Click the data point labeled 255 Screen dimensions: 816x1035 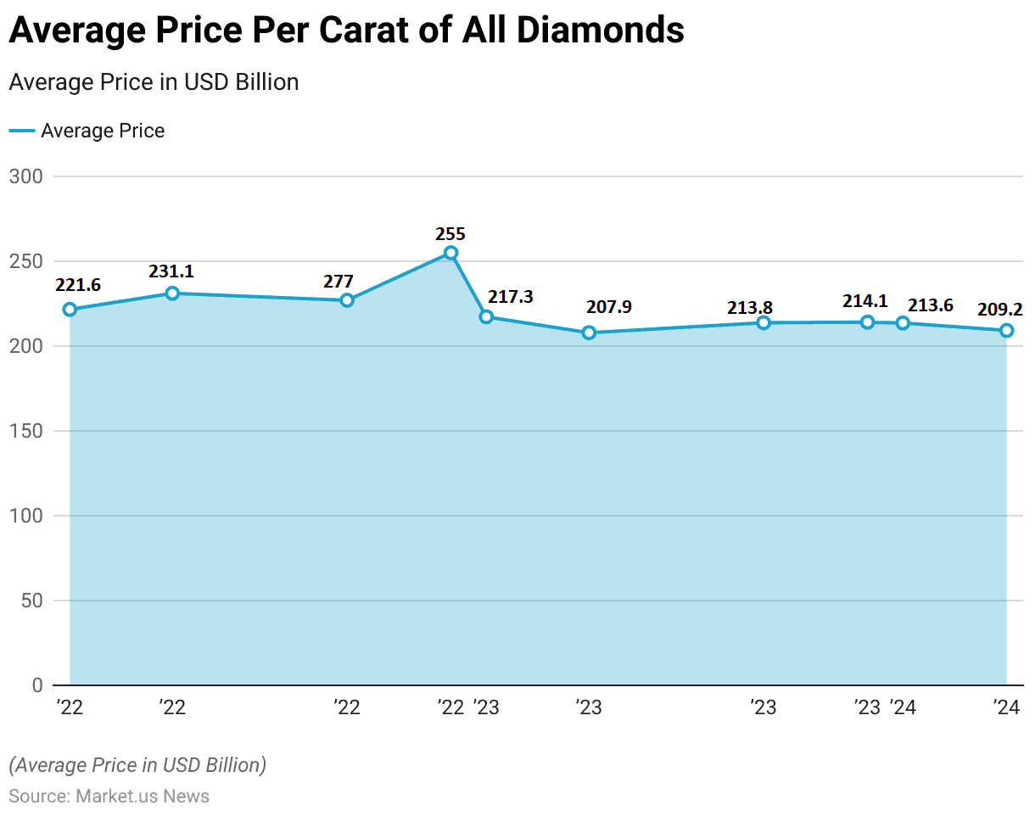(x=450, y=253)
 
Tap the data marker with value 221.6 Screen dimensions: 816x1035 (x=70, y=310)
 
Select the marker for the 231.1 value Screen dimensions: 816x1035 (x=172, y=293)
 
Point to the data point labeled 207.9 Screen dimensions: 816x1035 (x=590, y=333)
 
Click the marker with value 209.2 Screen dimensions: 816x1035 (x=1006, y=331)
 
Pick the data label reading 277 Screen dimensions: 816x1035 (x=338, y=282)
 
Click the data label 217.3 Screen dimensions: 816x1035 (x=511, y=297)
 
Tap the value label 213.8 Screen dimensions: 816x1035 (x=750, y=308)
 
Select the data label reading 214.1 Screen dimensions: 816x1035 (x=865, y=301)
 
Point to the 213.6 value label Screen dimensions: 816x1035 (x=931, y=305)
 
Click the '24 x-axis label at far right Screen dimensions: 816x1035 (x=1006, y=707)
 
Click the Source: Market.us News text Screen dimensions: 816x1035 (x=109, y=796)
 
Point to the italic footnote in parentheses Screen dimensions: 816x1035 (x=137, y=765)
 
